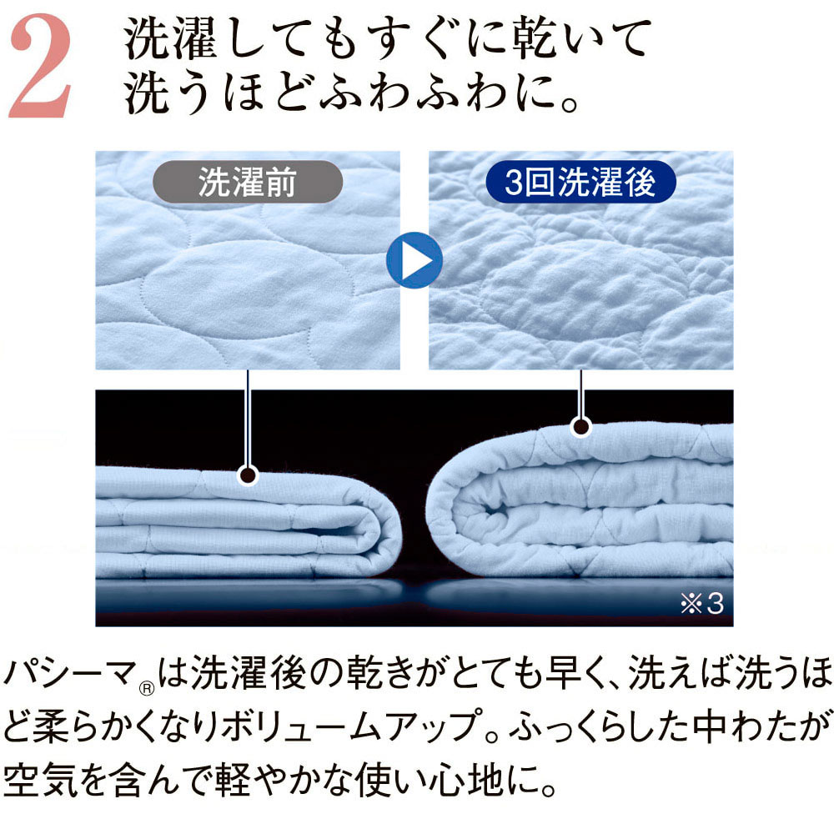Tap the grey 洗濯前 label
[248, 181]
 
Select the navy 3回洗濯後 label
[580, 181]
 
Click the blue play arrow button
[414, 260]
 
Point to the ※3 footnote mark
[702, 603]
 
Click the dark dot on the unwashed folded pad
[248, 475]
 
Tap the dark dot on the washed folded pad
[580, 426]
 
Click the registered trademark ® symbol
[147, 689]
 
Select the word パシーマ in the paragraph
[70, 673]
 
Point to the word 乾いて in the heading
[580, 39]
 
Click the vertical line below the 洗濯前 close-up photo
[248, 418]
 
